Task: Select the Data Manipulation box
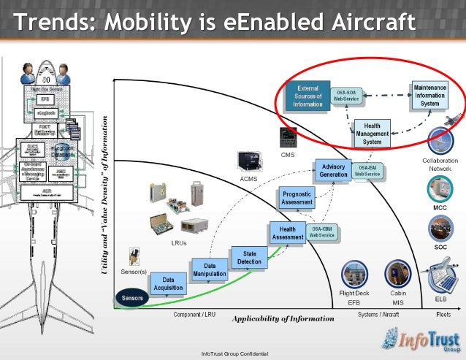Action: point(210,270)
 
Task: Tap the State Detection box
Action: point(250,257)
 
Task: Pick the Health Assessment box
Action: point(288,233)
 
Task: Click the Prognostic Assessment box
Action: point(296,197)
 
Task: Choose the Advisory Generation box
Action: point(333,171)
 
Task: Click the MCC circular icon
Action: point(440,189)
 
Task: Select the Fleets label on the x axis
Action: point(442,314)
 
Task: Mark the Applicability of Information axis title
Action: point(283,319)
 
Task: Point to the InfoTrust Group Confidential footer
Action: point(235,354)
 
